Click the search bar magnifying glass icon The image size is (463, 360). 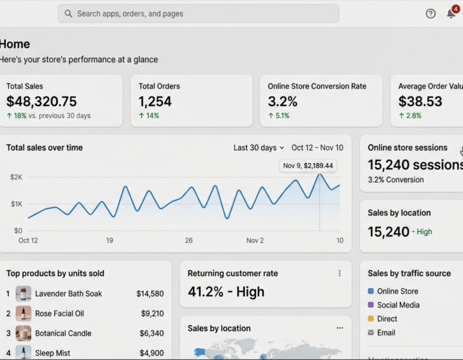coord(68,14)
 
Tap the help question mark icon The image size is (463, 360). coord(430,14)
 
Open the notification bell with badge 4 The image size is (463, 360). coord(451,13)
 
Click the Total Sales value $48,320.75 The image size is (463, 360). coord(42,101)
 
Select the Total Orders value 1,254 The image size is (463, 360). coord(155,101)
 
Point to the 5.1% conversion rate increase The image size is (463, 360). coord(279,116)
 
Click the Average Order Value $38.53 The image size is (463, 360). coord(420,101)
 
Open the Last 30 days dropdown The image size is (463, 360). coord(259,148)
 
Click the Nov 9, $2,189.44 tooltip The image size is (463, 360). coord(308,166)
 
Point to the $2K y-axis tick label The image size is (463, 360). coord(16,177)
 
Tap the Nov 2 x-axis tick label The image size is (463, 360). coord(255,241)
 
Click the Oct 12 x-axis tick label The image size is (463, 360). coord(28,241)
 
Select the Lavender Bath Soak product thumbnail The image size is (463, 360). coord(24,294)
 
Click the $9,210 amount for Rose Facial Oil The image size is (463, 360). coord(152,313)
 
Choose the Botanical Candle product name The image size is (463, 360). coord(63,333)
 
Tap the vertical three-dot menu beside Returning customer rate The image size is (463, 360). coord(340,273)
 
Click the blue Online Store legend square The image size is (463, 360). coord(371,291)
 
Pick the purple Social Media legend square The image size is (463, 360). coord(371,305)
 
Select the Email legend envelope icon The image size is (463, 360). coord(371,333)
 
